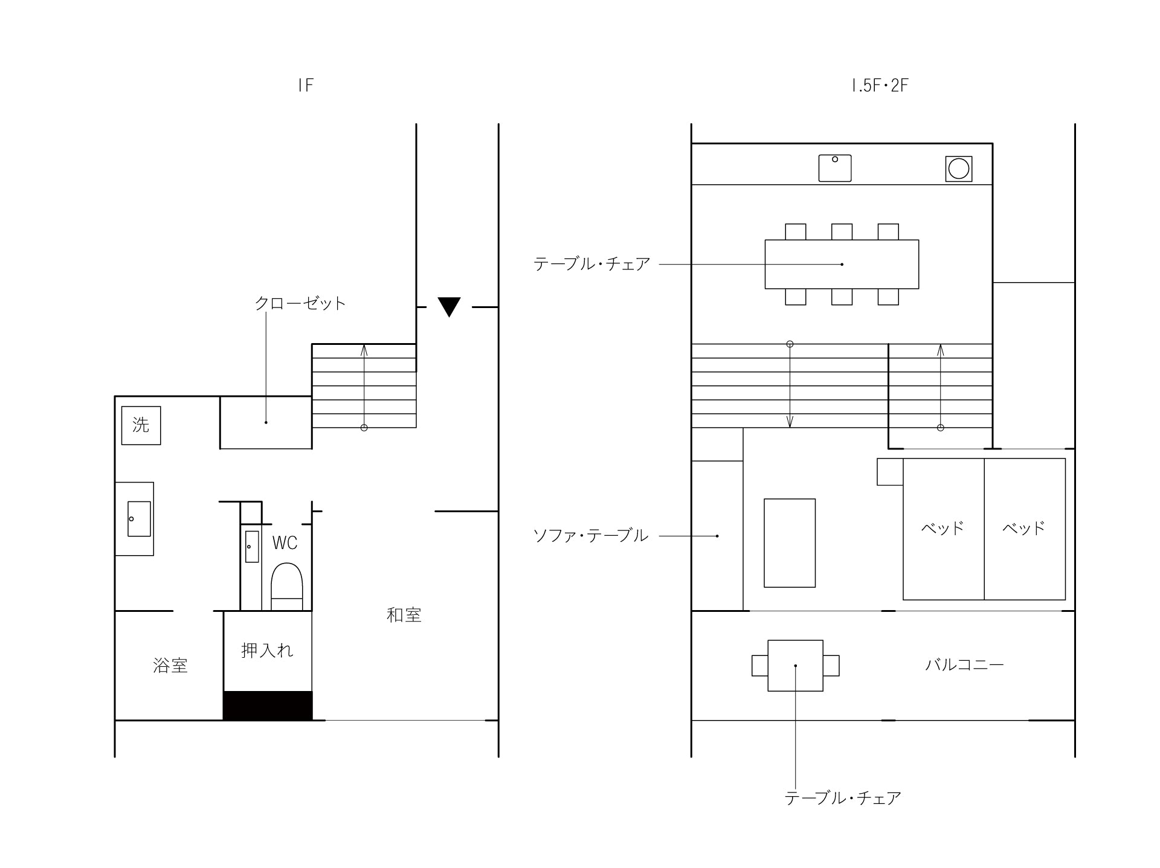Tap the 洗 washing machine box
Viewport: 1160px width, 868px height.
(x=141, y=425)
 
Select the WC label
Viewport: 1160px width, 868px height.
(x=285, y=543)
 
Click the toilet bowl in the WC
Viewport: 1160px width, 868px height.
(x=286, y=587)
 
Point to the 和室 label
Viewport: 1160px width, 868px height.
(x=404, y=615)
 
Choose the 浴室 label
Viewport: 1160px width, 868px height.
(x=170, y=666)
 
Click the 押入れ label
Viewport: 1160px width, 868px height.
(x=267, y=650)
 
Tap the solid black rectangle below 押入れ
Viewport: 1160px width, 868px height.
(x=268, y=706)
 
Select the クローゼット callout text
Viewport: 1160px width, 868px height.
(x=300, y=303)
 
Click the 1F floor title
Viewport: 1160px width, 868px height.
(x=306, y=85)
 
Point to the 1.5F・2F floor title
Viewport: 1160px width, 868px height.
(x=880, y=85)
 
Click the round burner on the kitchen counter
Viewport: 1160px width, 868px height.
(x=959, y=169)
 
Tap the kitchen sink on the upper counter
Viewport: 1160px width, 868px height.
(x=835, y=168)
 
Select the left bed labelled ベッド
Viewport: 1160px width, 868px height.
(x=944, y=529)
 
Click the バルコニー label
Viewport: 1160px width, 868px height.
(x=964, y=665)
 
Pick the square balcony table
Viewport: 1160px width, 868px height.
(x=796, y=666)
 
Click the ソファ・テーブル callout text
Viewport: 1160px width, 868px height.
(x=591, y=536)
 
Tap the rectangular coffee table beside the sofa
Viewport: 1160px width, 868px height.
(x=790, y=543)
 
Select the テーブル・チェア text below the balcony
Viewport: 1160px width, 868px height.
(x=843, y=798)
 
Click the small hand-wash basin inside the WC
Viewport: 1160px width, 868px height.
(x=252, y=547)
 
